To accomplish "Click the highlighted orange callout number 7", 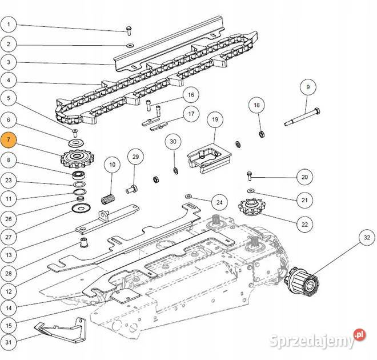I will coord(9,139).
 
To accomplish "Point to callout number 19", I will coord(215,120).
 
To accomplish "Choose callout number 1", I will coord(9,25).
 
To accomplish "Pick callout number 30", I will coord(174,142).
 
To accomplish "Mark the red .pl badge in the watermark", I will coord(359,333).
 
